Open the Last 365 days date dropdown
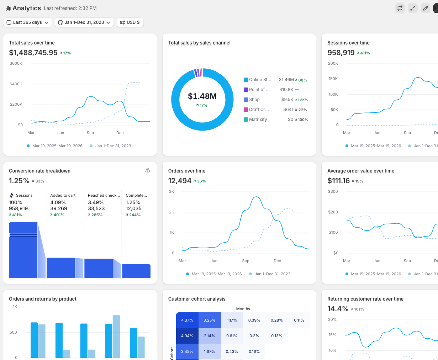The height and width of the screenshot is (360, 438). click(27, 22)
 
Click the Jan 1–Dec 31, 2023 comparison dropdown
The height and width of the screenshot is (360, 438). click(84, 22)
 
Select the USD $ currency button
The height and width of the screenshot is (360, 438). click(130, 22)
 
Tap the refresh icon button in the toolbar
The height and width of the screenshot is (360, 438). click(400, 8)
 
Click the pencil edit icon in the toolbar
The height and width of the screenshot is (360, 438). click(425, 8)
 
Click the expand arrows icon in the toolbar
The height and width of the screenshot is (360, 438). click(413, 8)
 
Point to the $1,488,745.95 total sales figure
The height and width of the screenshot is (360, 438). click(33, 53)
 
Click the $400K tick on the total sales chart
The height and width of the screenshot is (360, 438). click(16, 84)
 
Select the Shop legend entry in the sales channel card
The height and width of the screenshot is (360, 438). click(254, 100)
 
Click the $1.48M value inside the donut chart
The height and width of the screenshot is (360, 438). click(202, 96)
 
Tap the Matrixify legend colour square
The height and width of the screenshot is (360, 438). click(246, 120)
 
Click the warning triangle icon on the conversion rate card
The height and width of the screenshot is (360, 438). click(147, 170)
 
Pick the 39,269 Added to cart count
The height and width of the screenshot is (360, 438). click(59, 208)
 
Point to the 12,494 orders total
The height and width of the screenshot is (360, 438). click(180, 181)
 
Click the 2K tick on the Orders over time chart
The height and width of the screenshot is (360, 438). click(171, 212)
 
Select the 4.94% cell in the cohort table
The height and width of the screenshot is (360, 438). click(187, 336)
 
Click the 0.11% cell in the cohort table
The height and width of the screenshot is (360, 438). click(299, 320)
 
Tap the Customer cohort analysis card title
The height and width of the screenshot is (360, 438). click(197, 299)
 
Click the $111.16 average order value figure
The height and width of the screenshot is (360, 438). click(338, 181)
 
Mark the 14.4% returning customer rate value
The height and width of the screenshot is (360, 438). click(338, 309)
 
